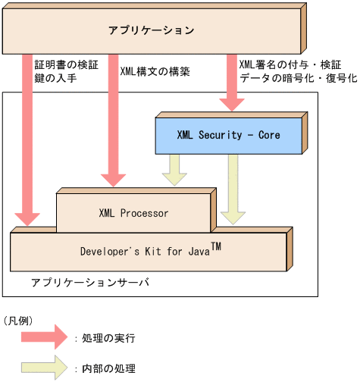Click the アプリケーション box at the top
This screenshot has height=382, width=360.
coord(152,31)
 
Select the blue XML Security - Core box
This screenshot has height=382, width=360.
coord(228,136)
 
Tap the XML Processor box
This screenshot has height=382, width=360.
coord(133,213)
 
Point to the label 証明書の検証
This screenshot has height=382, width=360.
coord(65,64)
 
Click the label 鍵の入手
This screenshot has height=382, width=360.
coord(56,78)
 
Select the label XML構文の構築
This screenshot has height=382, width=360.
coord(155,72)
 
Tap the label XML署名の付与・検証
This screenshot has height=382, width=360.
coord(290,64)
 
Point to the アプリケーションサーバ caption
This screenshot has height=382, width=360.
coord(90,283)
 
